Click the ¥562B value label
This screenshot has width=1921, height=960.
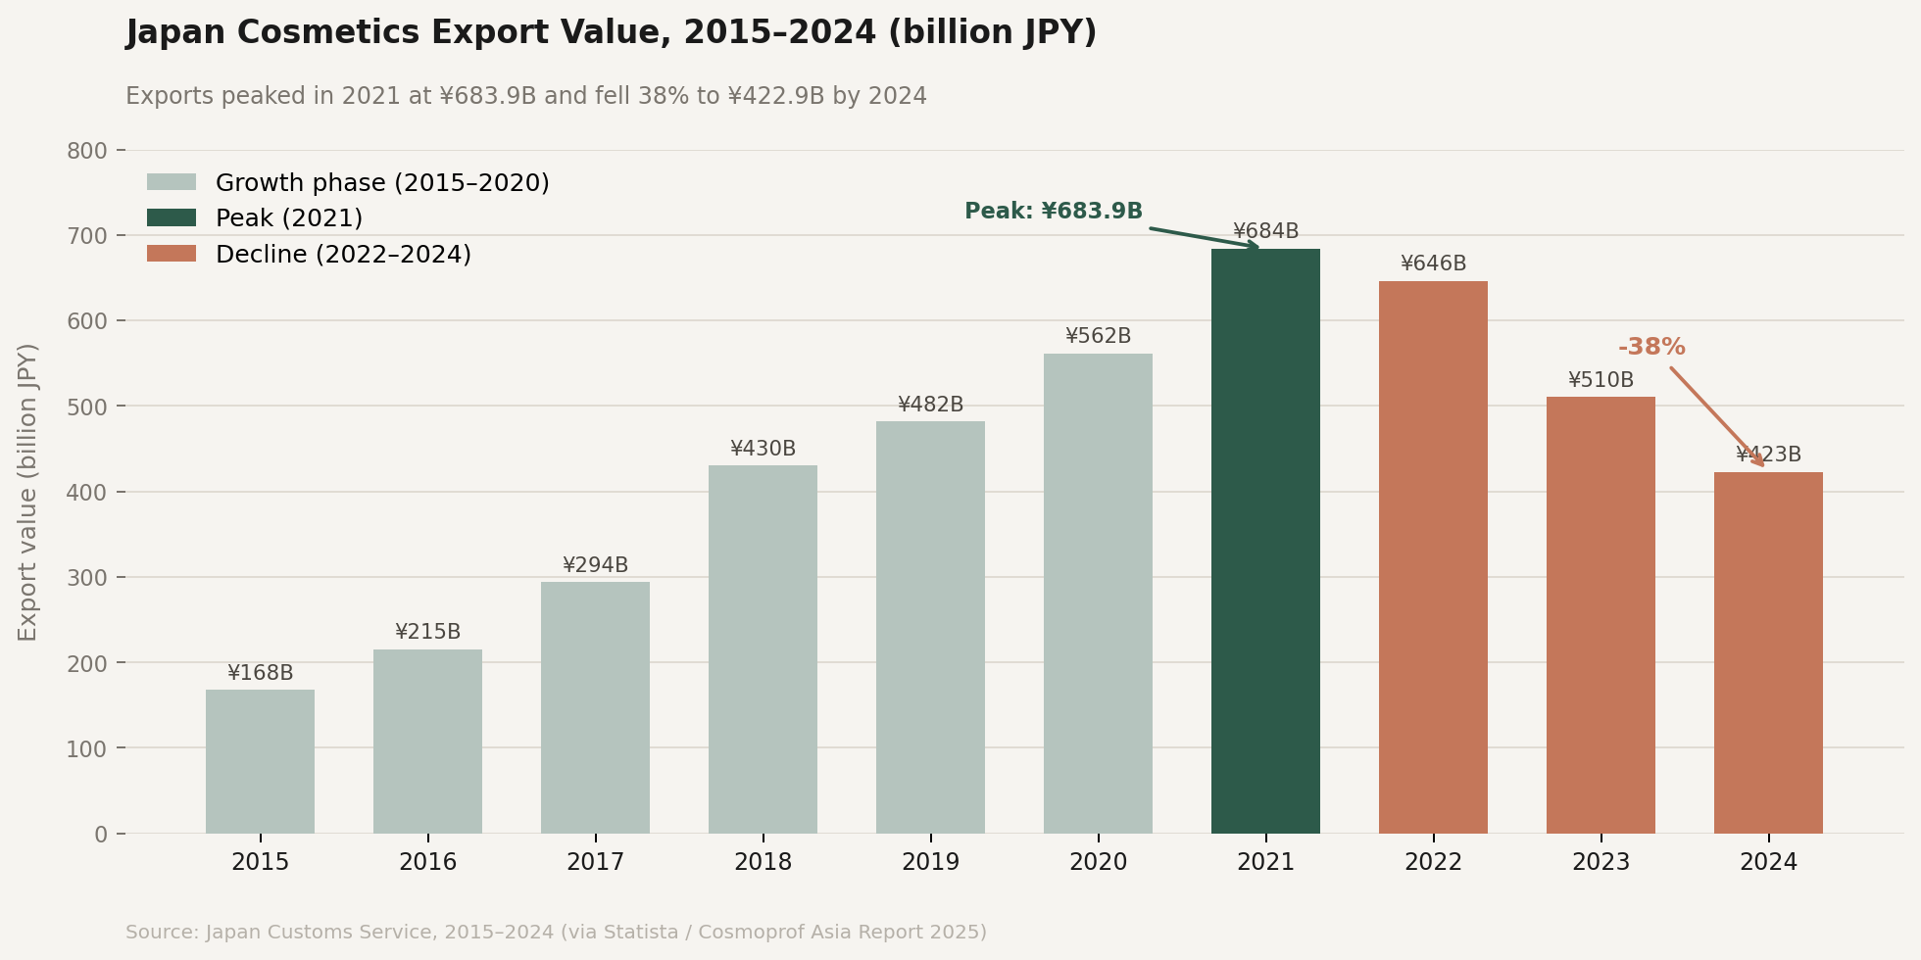pyautogui.click(x=1098, y=336)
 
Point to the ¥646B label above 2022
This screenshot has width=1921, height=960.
pyautogui.click(x=1433, y=264)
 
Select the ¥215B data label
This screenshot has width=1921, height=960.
pyautogui.click(x=427, y=632)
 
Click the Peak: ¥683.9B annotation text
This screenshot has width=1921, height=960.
pyautogui.click(x=1054, y=212)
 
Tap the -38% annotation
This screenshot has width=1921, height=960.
pyautogui.click(x=1651, y=348)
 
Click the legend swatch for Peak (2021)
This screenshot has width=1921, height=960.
pyautogui.click(x=172, y=217)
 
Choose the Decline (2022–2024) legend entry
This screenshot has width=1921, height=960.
pyautogui.click(x=343, y=255)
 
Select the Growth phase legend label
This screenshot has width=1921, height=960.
pyautogui.click(x=382, y=183)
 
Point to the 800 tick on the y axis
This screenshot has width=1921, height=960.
pyautogui.click(x=87, y=151)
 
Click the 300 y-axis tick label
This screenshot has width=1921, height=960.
pyautogui.click(x=87, y=578)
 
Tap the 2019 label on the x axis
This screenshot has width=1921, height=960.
pyautogui.click(x=930, y=863)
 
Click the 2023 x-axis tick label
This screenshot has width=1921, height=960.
pyautogui.click(x=1601, y=863)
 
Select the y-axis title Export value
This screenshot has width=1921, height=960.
pyautogui.click(x=28, y=492)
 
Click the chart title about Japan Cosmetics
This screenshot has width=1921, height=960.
pyautogui.click(x=611, y=33)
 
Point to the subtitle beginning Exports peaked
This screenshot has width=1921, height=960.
pyautogui.click(x=525, y=96)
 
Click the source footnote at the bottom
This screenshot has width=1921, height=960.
pyautogui.click(x=556, y=933)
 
